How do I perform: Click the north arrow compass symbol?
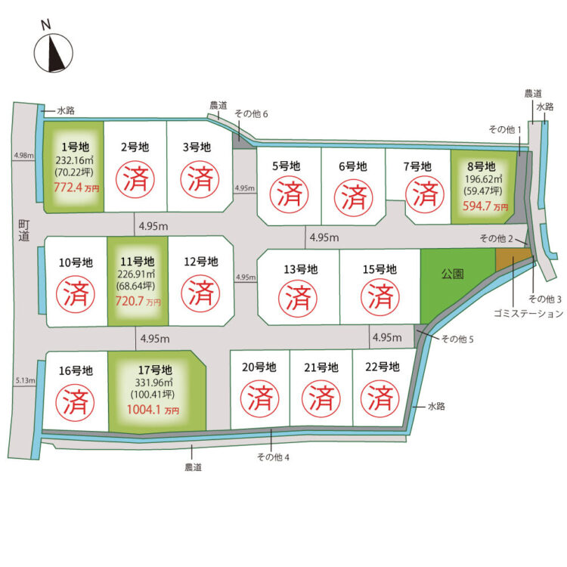pos(54,53)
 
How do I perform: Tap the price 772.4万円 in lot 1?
pos(76,187)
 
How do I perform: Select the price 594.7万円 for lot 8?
pos(485,206)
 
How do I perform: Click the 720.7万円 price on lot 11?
pos(138,301)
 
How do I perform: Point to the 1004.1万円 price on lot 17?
pos(153,410)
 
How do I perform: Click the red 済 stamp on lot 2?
pos(135,180)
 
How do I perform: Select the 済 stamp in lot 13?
pos(298,298)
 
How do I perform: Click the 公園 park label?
pos(452,274)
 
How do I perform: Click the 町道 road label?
pos(24,231)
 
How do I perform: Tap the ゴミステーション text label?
pos(528,314)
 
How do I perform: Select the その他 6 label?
pos(251,114)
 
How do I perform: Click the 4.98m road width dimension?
pos(24,156)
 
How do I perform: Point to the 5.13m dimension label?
pos(25,380)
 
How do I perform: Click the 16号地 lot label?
pos(76,370)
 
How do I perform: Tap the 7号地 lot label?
pos(417,167)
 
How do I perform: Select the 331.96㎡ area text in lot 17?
pos(154,383)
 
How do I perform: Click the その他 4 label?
pos(273,457)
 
